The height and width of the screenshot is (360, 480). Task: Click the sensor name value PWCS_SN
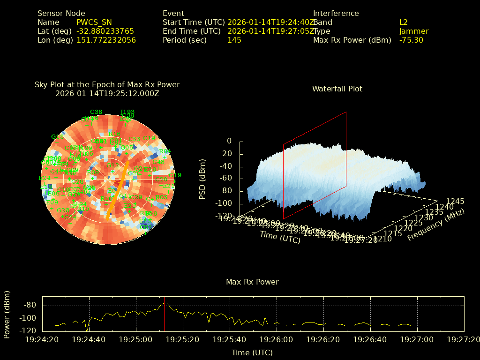click(x=94, y=22)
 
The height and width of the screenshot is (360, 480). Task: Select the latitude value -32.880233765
click(x=105, y=31)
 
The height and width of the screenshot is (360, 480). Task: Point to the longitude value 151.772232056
click(x=106, y=40)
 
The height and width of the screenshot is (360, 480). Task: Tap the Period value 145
click(x=234, y=40)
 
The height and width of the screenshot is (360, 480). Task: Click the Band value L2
click(x=403, y=22)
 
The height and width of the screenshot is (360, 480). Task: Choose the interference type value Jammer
click(x=413, y=31)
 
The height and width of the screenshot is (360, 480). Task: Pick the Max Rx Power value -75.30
click(x=411, y=40)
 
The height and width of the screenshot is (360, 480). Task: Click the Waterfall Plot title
click(x=337, y=89)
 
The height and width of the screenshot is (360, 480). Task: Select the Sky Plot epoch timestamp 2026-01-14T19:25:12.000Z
click(x=107, y=93)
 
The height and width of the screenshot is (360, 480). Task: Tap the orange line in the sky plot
click(x=118, y=189)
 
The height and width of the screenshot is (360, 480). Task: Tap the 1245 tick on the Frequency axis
click(x=455, y=201)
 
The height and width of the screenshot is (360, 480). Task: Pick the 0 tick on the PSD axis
click(x=229, y=141)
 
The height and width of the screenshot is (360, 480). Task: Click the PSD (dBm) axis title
click(x=202, y=178)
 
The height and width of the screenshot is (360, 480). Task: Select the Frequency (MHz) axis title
click(x=435, y=225)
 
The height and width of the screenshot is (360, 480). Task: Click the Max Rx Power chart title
click(x=252, y=282)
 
